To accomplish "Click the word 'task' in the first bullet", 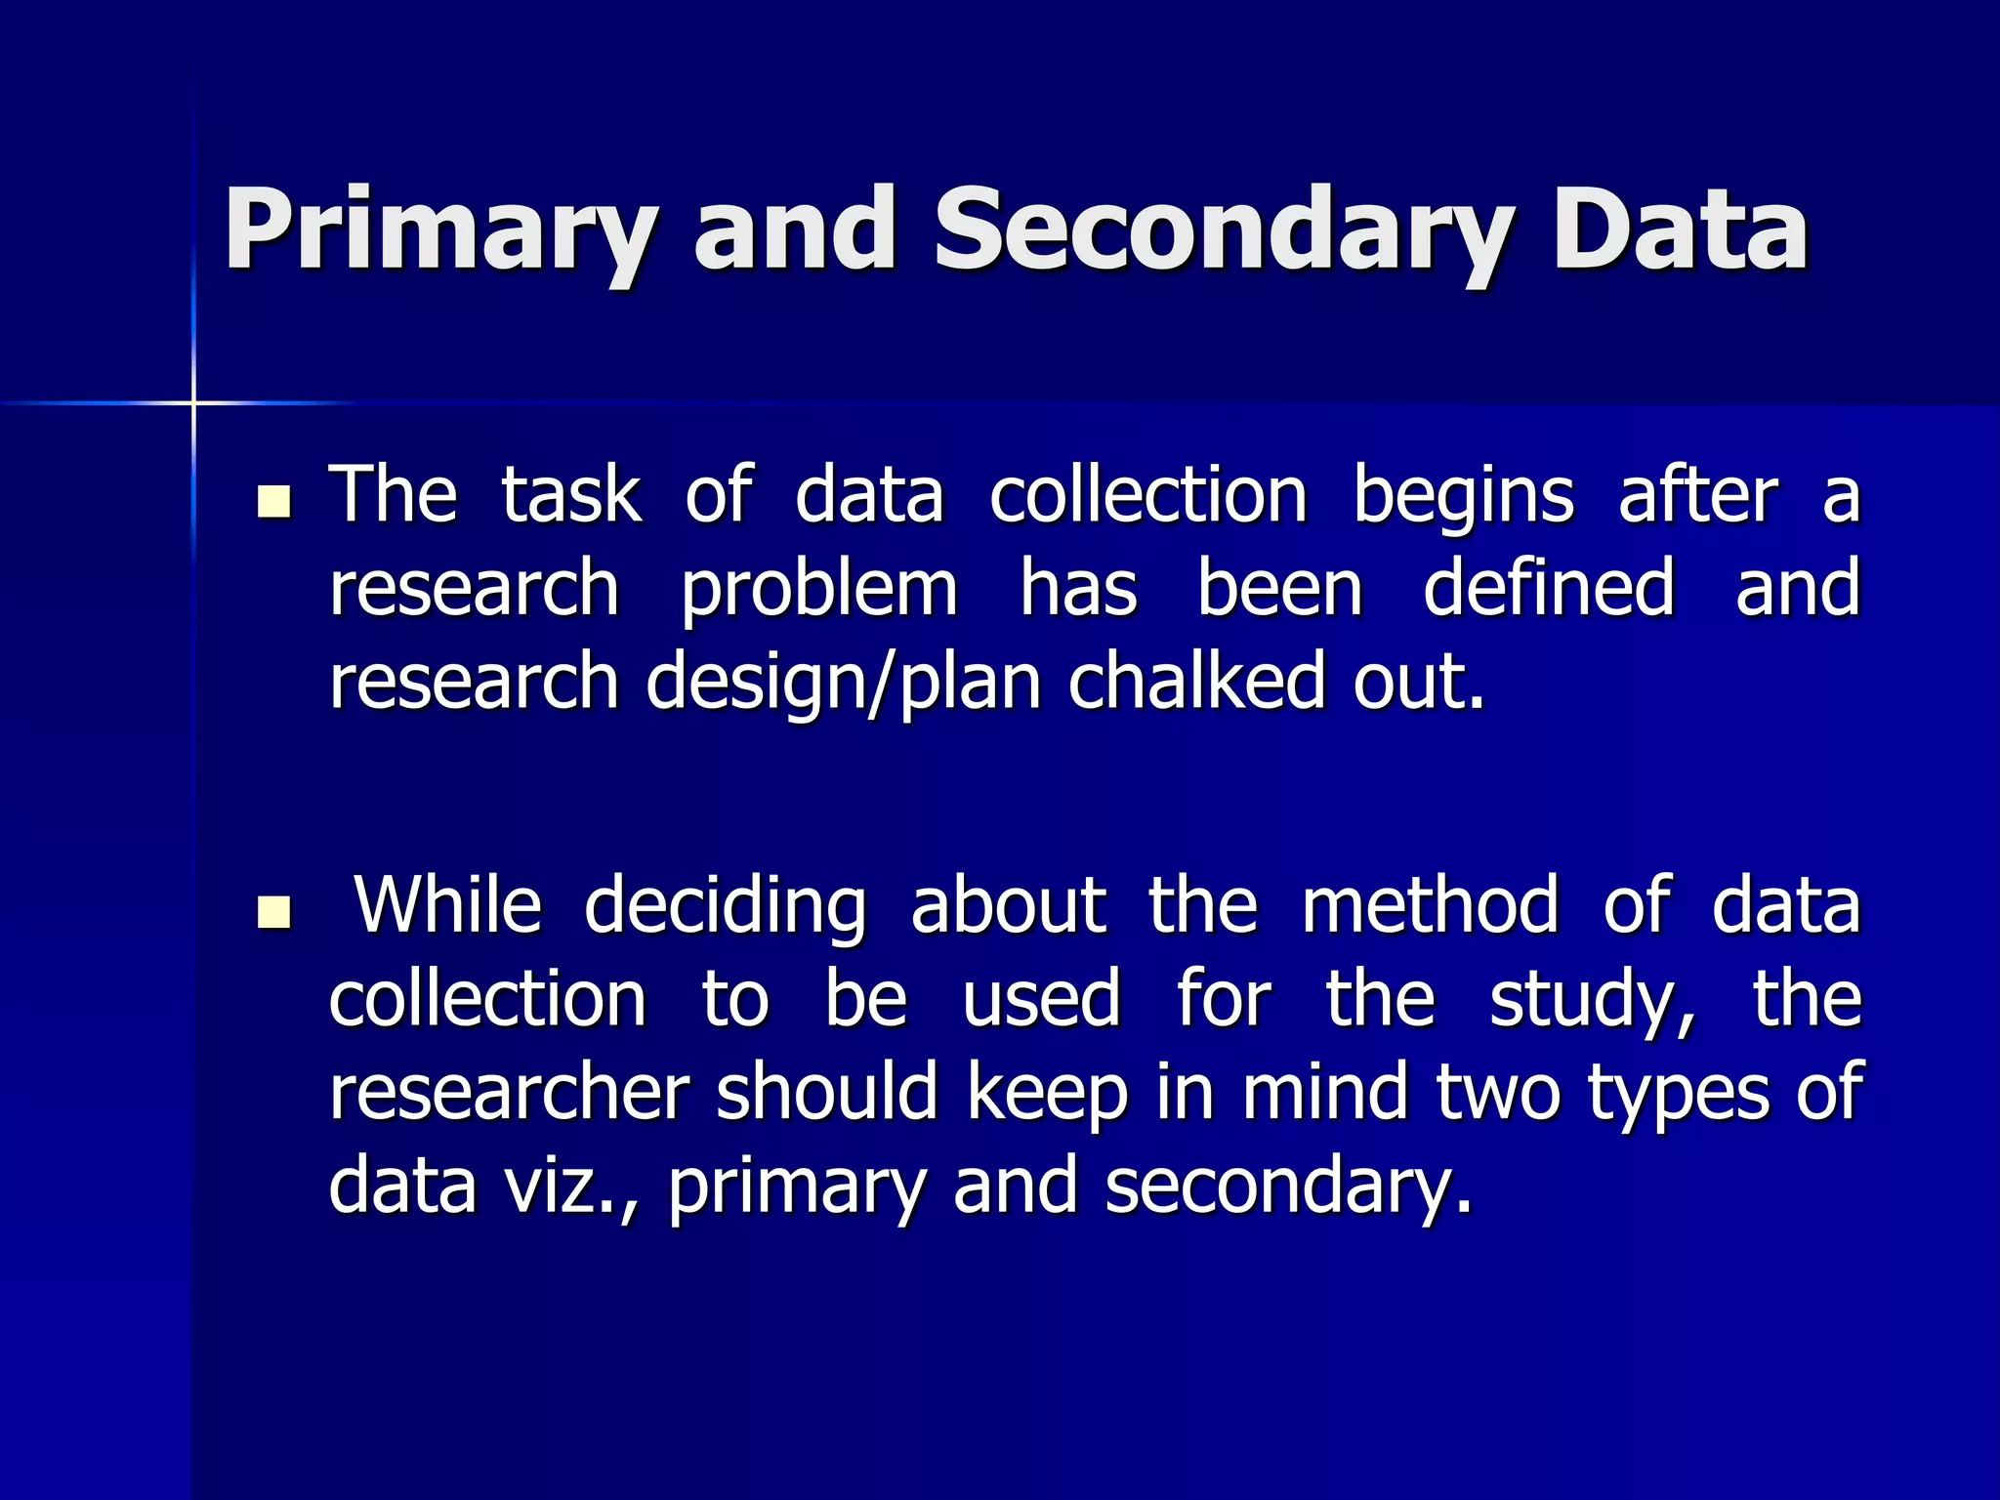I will [x=571, y=495].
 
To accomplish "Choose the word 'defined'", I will [x=1549, y=588].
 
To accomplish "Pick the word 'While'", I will [x=447, y=905].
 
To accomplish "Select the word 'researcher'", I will [x=509, y=1092].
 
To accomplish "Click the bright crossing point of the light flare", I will [x=193, y=402].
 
